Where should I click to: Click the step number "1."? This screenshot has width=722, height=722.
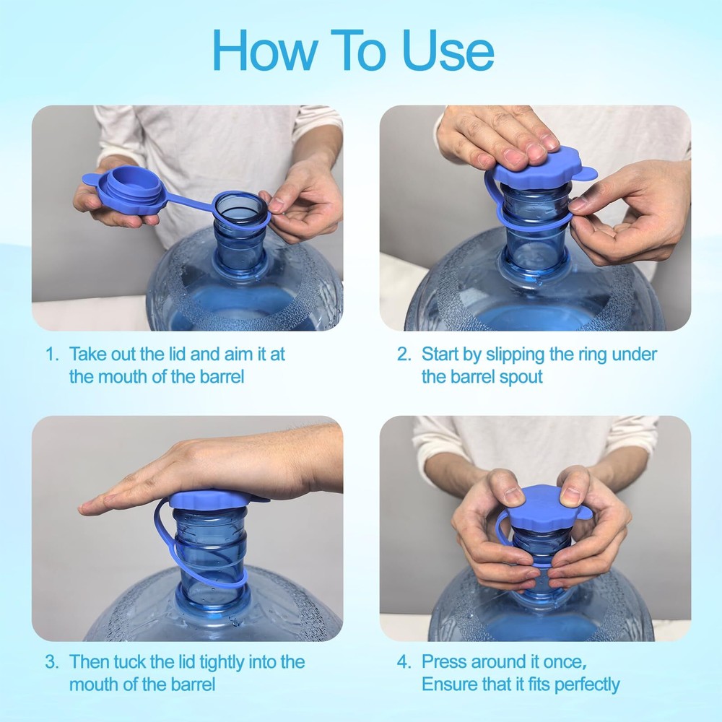click(52, 355)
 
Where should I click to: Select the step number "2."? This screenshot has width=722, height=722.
click(404, 355)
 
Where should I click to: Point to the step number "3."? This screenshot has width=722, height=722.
click(52, 661)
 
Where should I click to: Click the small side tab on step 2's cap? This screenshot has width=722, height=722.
click(588, 172)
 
